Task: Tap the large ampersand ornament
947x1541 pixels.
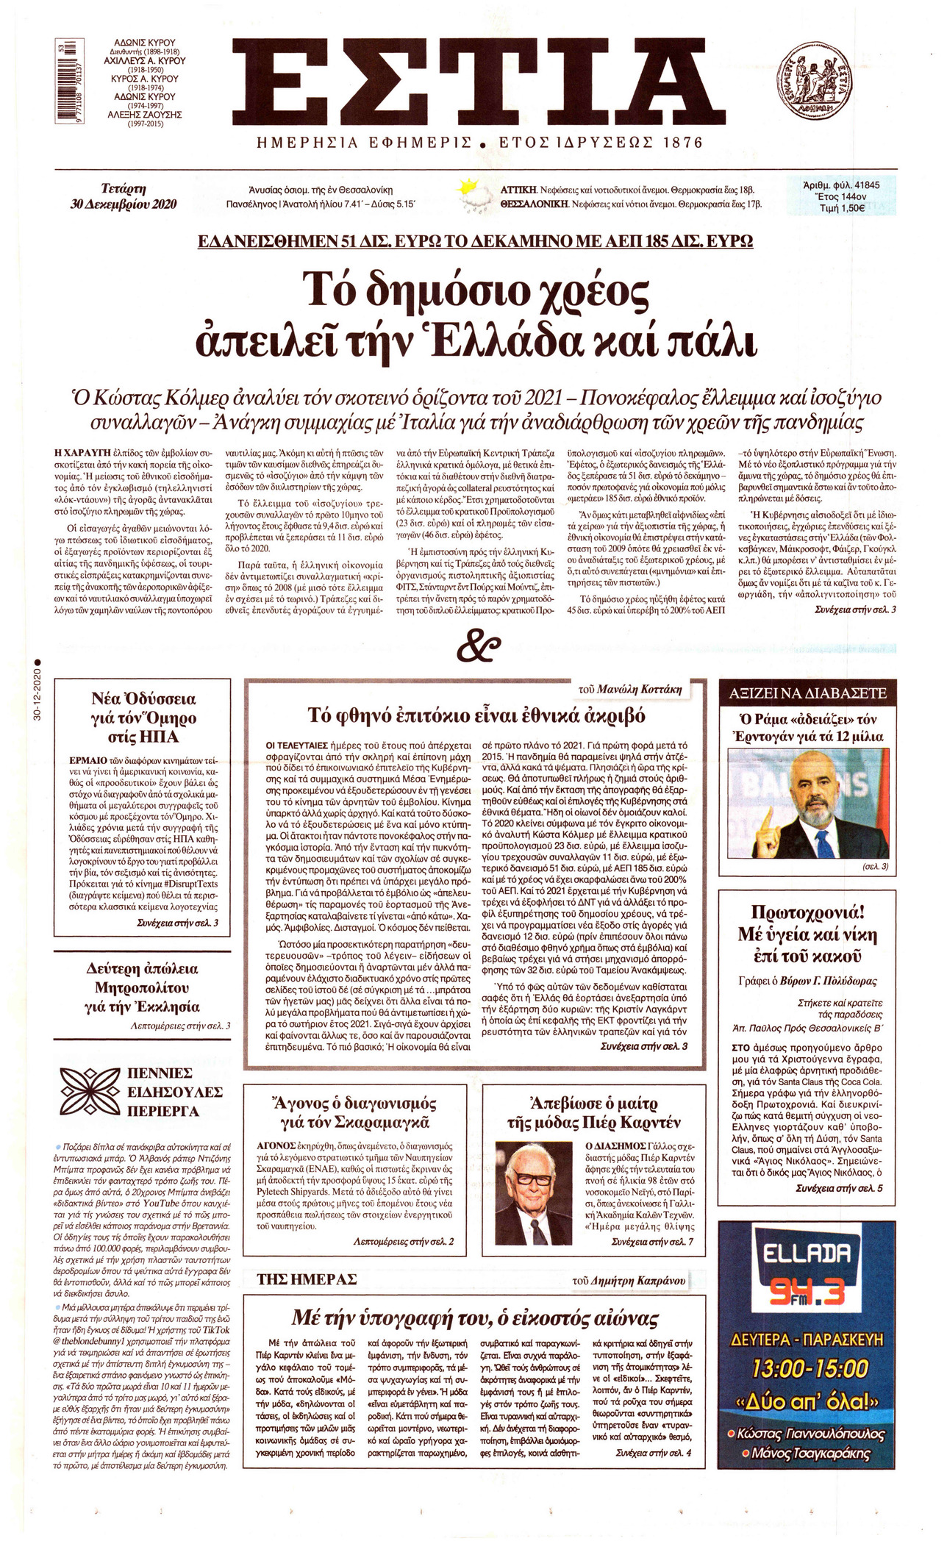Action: pos(478,648)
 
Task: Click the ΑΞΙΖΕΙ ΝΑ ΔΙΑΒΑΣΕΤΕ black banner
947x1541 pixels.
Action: pos(808,693)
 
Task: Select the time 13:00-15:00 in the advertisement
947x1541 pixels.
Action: pos(809,1368)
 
